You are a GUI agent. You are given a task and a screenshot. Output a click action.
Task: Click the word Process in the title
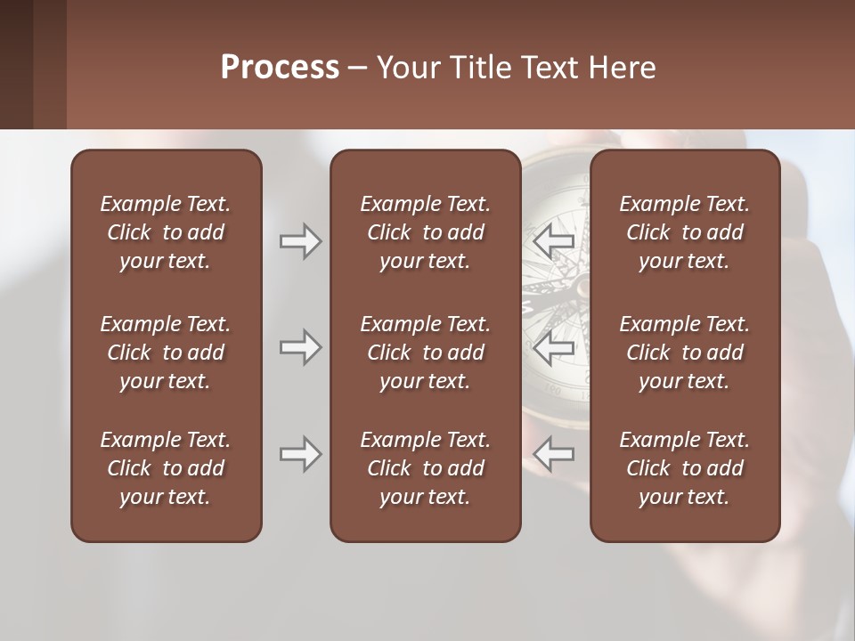(280, 68)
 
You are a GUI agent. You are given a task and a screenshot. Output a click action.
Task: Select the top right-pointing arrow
(300, 241)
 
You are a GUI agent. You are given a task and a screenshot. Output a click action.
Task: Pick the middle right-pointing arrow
(300, 347)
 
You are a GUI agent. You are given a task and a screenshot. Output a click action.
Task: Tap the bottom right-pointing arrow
(300, 454)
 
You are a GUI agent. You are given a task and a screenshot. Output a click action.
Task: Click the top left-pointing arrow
(554, 241)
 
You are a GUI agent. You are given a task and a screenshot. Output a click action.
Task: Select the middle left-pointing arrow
(554, 347)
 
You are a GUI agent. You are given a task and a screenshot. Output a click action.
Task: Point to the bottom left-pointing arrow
(554, 454)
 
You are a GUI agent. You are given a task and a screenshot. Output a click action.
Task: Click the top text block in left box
(166, 232)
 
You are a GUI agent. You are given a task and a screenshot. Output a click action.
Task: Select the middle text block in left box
(166, 353)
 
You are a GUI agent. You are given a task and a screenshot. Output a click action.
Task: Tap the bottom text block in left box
(166, 468)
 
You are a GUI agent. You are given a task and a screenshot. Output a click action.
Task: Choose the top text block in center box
(425, 232)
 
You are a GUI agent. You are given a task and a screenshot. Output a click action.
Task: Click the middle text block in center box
(425, 353)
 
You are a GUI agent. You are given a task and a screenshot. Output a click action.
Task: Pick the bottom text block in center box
(425, 468)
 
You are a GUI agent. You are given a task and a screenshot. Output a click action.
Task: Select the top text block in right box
(684, 232)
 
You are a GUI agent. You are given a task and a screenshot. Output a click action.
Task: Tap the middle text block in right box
(684, 353)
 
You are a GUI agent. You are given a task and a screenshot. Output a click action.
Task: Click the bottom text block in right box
(684, 468)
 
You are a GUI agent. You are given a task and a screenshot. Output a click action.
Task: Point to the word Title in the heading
(479, 68)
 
